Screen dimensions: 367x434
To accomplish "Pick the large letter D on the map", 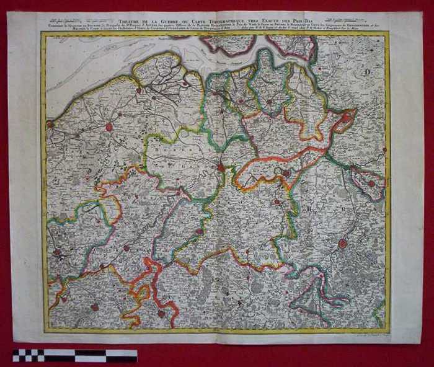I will pyautogui.click(x=368, y=73).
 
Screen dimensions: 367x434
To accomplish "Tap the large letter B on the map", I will pyautogui.click(x=308, y=209).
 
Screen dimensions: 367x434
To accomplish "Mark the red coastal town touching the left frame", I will pyautogui.click(x=50, y=124).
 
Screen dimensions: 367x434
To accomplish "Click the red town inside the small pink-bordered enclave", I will pyautogui.click(x=371, y=183).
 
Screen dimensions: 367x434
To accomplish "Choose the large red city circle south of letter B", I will pyautogui.click(x=342, y=244).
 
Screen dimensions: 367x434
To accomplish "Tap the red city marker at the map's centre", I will pyautogui.click(x=221, y=167).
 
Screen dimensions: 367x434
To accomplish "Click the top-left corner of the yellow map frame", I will pyautogui.click(x=42, y=33).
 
